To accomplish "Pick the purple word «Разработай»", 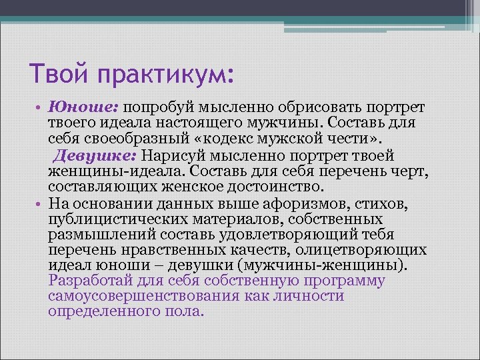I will tap(87, 281).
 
